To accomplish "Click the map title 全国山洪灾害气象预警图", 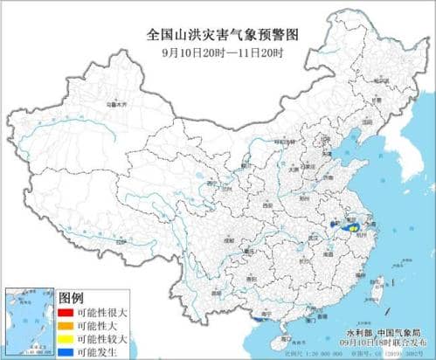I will [218, 35].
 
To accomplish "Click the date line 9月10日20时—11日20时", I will [218, 51].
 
